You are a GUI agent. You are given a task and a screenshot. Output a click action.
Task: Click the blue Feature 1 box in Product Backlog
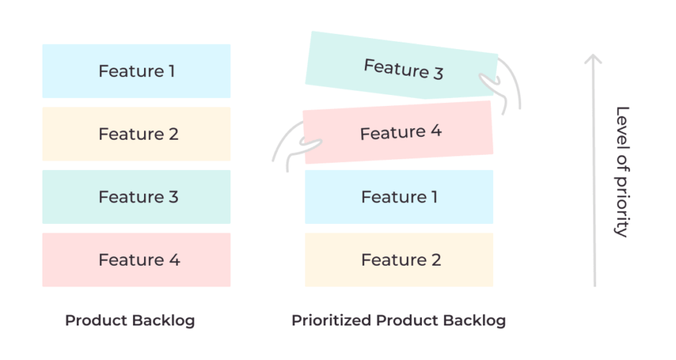point(136,71)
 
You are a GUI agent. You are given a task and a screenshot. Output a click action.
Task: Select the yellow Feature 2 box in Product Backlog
point(136,134)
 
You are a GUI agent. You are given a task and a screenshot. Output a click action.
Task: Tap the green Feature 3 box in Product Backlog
point(136,197)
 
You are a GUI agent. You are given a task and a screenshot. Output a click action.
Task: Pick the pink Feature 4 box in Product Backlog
point(136,260)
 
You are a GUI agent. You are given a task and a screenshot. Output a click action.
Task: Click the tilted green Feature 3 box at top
point(402,67)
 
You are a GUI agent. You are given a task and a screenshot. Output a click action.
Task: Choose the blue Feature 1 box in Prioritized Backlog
point(399,197)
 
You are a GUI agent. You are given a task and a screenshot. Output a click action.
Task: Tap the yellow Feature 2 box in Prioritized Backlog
point(399,260)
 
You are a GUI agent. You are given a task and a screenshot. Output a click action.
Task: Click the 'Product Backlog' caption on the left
point(130,320)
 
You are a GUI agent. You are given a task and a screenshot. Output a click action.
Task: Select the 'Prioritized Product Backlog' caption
point(398,320)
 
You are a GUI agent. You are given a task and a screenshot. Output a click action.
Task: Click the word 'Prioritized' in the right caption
point(330,320)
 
